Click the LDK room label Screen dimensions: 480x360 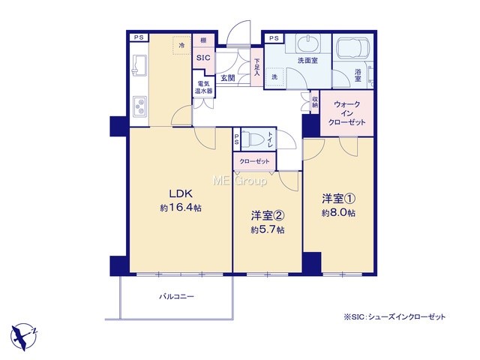[181, 193]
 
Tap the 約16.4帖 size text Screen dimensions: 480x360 [181, 208]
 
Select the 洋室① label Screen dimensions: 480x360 [338, 199]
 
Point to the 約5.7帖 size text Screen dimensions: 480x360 [268, 229]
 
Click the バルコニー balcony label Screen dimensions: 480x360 [176, 296]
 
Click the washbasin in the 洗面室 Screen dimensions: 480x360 [307, 44]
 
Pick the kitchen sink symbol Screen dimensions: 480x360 [139, 65]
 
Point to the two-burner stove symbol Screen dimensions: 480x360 [139, 106]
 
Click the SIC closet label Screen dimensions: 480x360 [203, 58]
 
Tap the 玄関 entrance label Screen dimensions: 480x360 [228, 78]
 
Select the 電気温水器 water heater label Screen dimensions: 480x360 [203, 87]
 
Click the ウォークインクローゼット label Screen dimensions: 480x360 [346, 113]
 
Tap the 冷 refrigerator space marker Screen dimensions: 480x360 [181, 46]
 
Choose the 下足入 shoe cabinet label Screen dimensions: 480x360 [256, 67]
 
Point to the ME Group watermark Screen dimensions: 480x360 [240, 181]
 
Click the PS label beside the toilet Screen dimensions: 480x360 [237, 139]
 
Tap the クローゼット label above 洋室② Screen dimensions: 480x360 [255, 161]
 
